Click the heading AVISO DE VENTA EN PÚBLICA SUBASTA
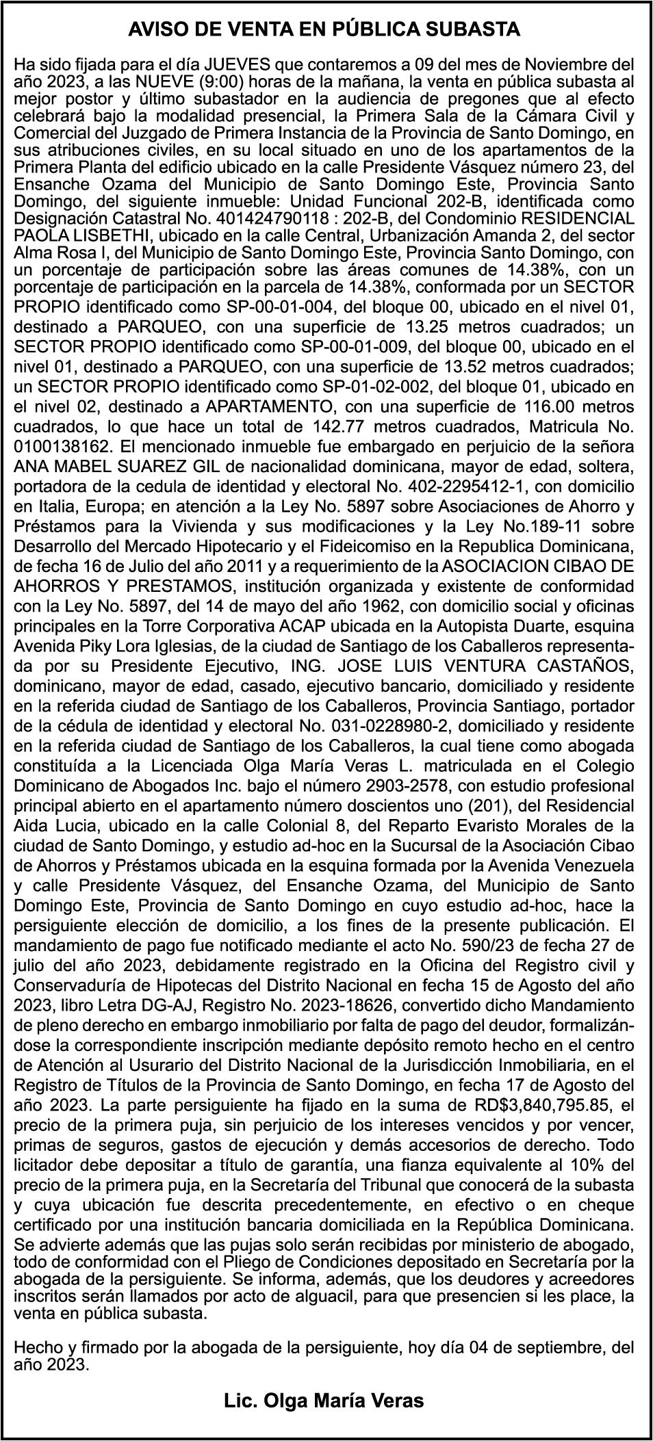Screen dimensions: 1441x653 325,31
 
